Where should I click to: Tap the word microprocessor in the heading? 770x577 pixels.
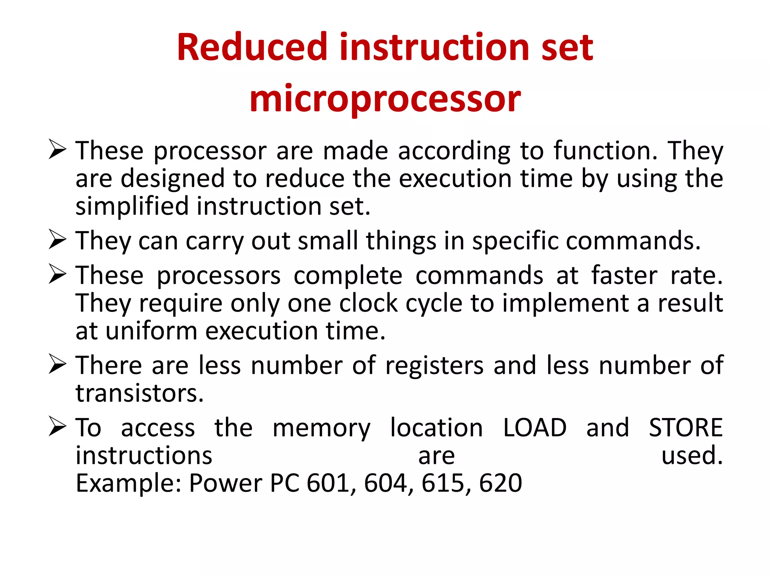pos(385,98)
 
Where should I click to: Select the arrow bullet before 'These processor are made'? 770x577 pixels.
pos(58,149)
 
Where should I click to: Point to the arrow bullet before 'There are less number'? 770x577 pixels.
pos(58,364)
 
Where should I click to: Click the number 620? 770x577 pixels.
pos(500,483)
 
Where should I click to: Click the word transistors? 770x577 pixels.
pos(139,393)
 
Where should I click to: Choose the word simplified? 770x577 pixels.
pos(132,206)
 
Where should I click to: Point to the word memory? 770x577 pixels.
pos(321,428)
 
